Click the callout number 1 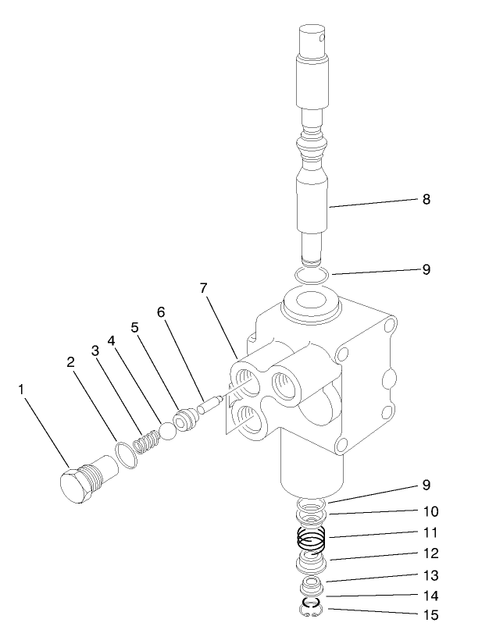pos(21,389)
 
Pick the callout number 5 pos(135,328)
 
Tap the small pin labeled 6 pos(209,406)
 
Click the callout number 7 pos(203,288)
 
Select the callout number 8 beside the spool pos(426,199)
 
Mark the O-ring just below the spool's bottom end pos(312,275)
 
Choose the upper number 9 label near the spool pos(426,269)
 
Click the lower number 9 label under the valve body pos(426,485)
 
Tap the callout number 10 pos(430,512)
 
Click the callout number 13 pos(430,575)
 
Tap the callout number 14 pos(430,595)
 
